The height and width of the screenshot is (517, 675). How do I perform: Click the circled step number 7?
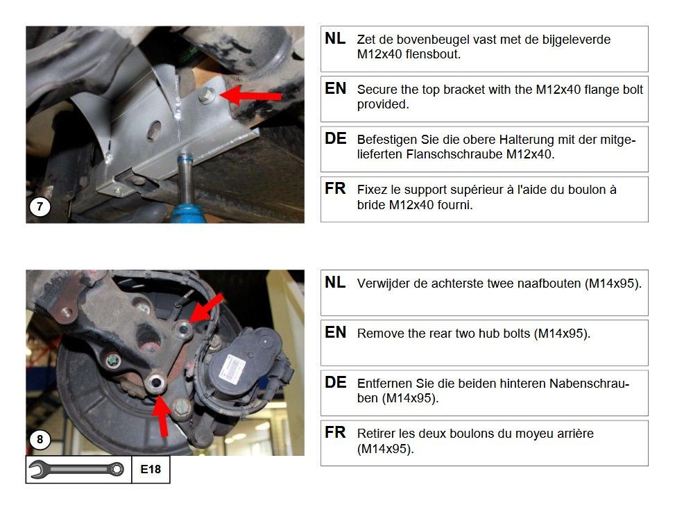40,206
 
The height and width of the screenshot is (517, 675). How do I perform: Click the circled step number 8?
40,439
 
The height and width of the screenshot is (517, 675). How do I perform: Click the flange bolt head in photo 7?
207,95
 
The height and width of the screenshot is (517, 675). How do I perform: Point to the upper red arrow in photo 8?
207,308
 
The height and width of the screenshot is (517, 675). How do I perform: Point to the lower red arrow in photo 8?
161,414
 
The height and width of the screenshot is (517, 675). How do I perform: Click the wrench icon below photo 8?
78,469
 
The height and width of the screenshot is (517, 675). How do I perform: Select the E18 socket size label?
151,469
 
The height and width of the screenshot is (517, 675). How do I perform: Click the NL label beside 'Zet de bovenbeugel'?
335,39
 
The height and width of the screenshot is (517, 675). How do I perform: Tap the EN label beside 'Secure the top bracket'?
335,89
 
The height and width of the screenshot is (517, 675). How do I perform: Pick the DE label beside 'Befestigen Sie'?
335,139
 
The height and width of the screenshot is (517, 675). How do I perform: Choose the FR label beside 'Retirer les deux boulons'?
335,432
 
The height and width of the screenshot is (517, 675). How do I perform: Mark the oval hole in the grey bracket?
154,131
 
